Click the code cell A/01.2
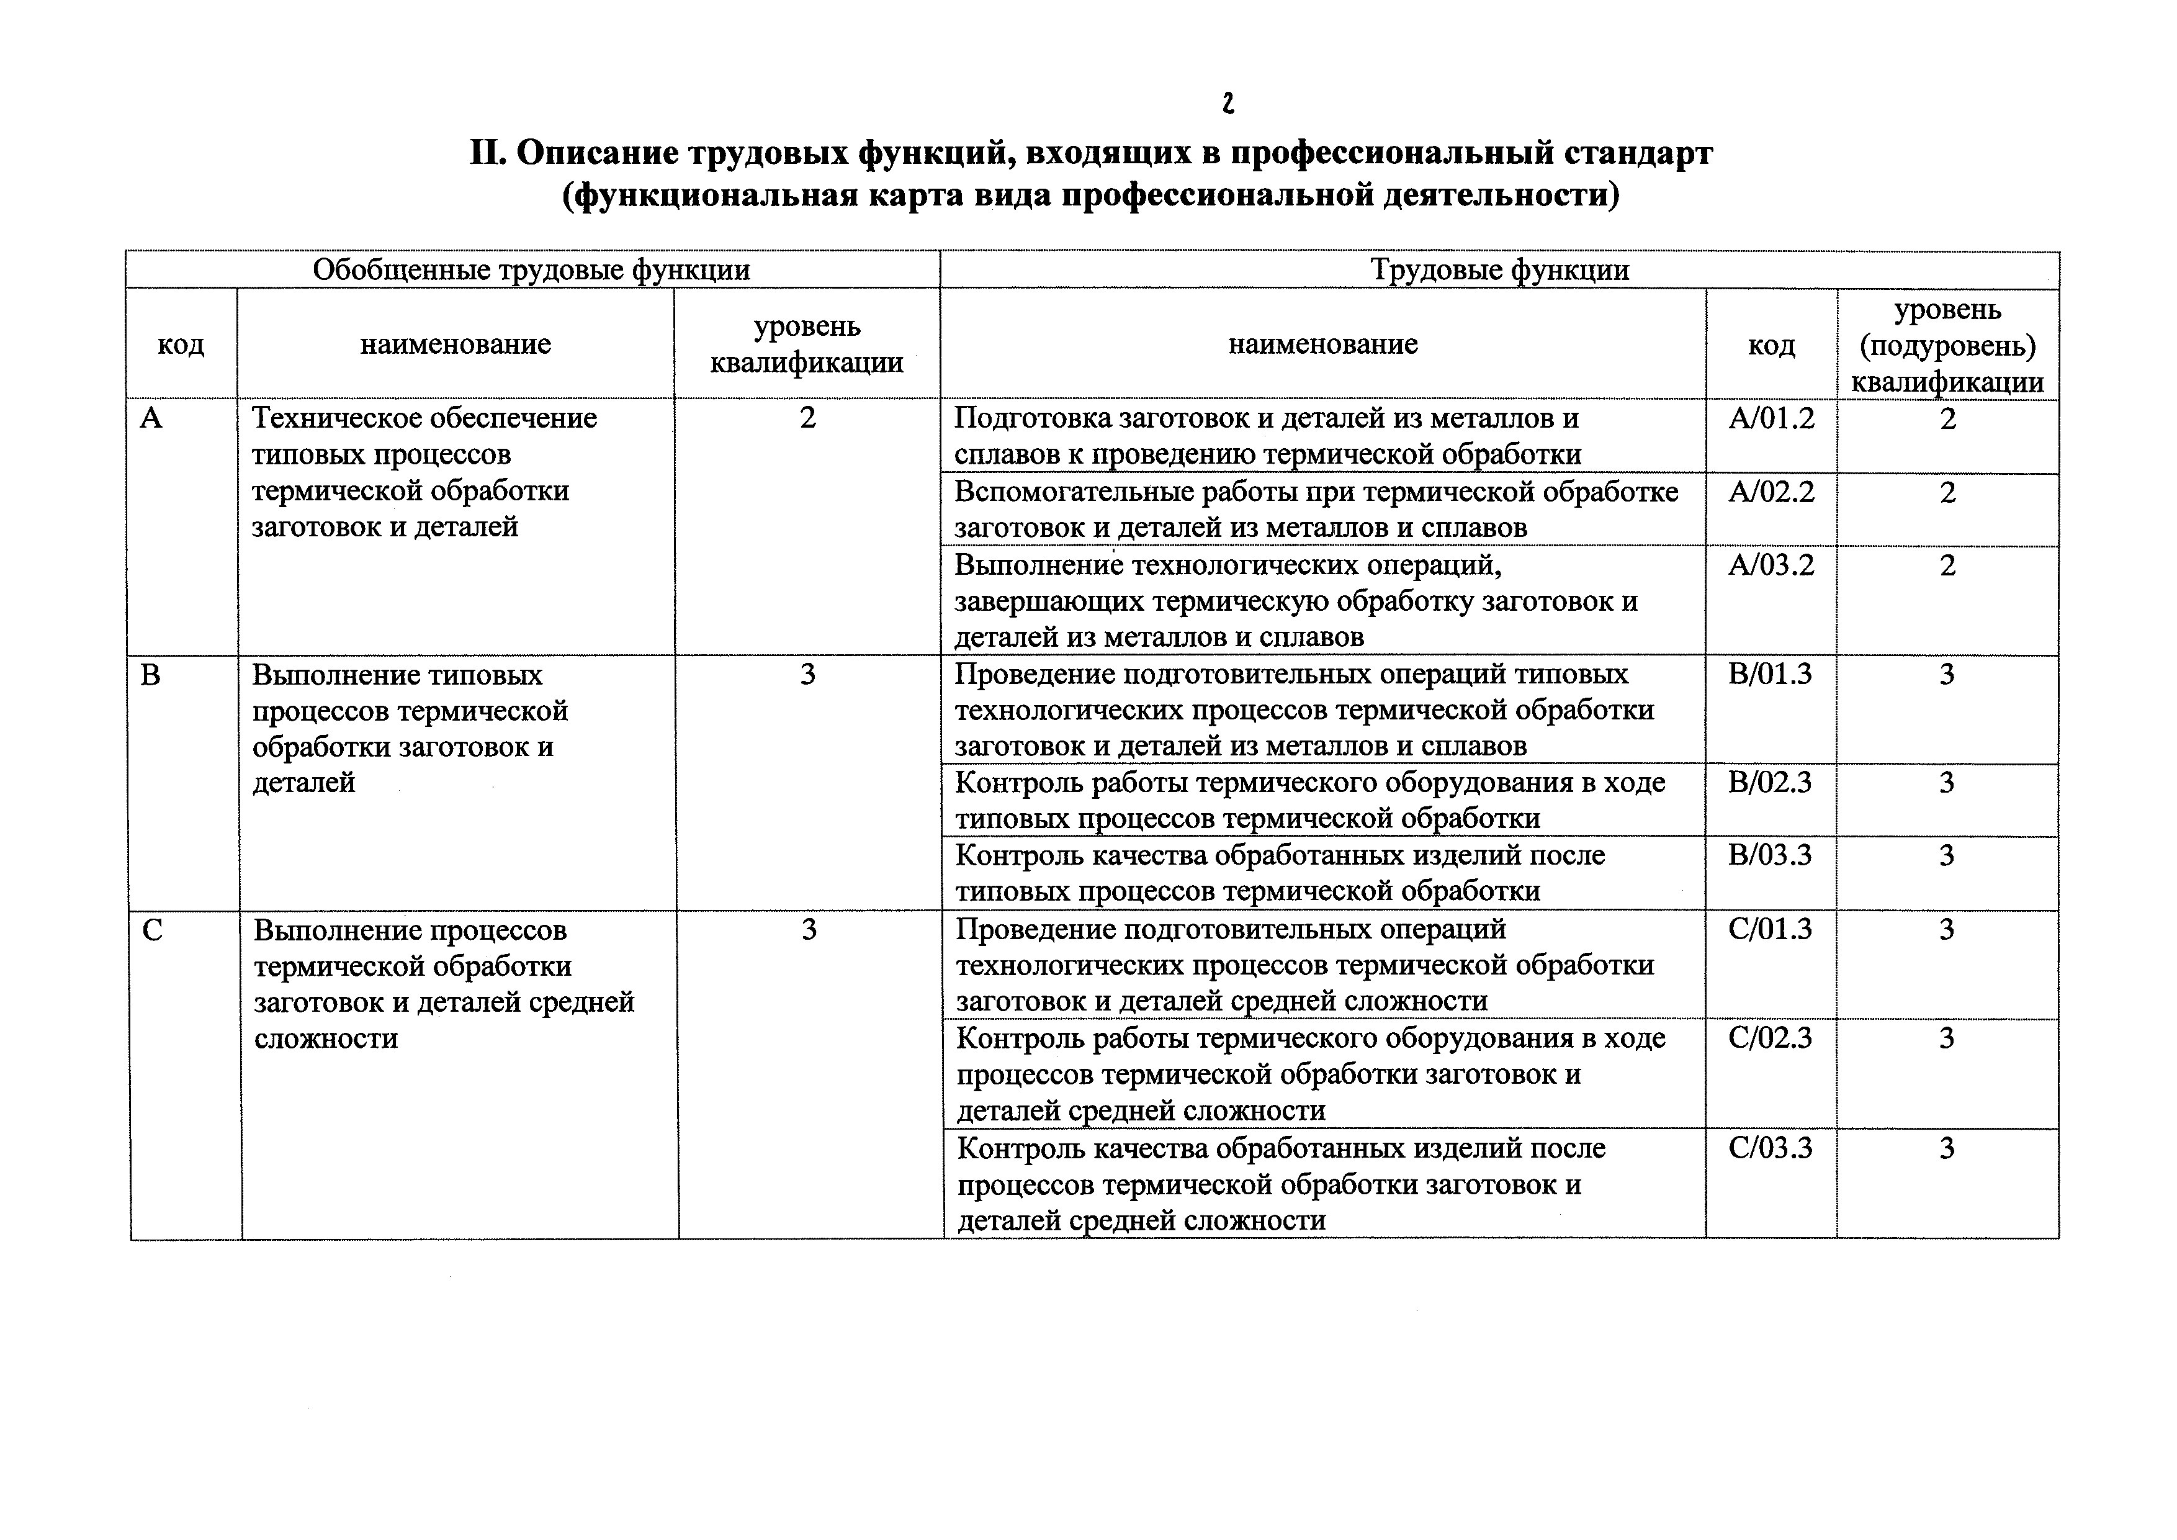[1771, 418]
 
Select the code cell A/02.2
[1771, 492]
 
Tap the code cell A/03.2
[1771, 565]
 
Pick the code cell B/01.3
[1771, 674]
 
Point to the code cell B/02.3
[1771, 782]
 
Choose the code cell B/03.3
[1771, 855]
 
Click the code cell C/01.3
[1771, 929]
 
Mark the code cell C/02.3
[1771, 1038]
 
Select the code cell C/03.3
[1771, 1148]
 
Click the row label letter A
[151, 418]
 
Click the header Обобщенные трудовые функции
[531, 270]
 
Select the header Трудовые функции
[1500, 270]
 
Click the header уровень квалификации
[807, 344]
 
